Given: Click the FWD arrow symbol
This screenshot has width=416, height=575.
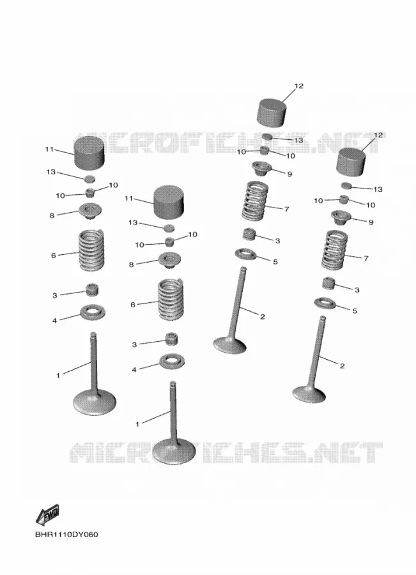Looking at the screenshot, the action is (47, 514).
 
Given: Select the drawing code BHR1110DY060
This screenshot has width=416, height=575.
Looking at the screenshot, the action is (66, 534).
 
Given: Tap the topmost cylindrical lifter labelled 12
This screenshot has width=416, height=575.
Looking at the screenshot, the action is (272, 112).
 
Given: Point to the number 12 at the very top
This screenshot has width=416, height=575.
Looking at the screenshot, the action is (298, 86).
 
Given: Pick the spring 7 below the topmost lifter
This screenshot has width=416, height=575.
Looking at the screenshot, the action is (255, 201).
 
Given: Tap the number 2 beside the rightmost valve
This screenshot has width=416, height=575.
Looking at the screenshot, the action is (342, 365).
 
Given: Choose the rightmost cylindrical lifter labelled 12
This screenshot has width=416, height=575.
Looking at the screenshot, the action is (351, 162).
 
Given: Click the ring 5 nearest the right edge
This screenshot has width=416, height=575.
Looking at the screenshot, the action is (325, 303).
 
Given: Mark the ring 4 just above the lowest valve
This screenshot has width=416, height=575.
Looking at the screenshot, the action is (172, 362).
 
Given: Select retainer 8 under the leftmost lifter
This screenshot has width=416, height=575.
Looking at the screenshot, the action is (90, 211).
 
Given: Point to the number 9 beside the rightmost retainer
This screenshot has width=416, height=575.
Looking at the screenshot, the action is (371, 222).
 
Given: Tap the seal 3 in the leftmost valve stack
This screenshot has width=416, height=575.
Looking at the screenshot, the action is (92, 289).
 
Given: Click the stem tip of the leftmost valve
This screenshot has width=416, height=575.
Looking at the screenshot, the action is (93, 334).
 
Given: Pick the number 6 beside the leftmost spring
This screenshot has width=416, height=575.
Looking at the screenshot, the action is (54, 255).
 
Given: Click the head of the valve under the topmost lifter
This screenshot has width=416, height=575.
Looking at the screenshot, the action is (229, 345).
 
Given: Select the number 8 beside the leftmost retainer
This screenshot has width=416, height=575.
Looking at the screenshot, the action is (52, 216).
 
